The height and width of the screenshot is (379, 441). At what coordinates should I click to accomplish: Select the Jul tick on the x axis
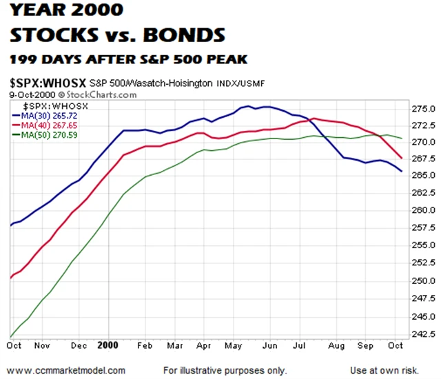(x=300, y=347)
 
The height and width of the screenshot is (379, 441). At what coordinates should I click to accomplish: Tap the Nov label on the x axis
(x=43, y=347)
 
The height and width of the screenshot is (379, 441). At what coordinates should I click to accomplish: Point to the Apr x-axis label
(x=204, y=347)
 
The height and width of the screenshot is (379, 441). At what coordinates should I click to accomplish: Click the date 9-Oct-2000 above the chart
(x=32, y=93)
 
